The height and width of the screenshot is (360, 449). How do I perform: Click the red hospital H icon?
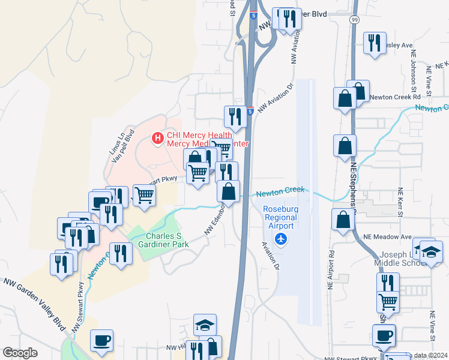tap(157, 139)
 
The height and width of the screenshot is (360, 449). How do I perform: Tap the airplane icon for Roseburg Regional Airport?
tap(280, 239)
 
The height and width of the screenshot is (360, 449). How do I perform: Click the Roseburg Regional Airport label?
tap(280, 217)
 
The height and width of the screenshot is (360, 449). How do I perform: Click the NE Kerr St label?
tap(400, 202)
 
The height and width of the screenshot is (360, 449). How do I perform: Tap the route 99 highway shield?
tap(354, 20)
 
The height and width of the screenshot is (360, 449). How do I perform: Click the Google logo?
tap(20, 353)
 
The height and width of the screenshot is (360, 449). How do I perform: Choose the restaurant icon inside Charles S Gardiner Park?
tap(121, 253)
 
